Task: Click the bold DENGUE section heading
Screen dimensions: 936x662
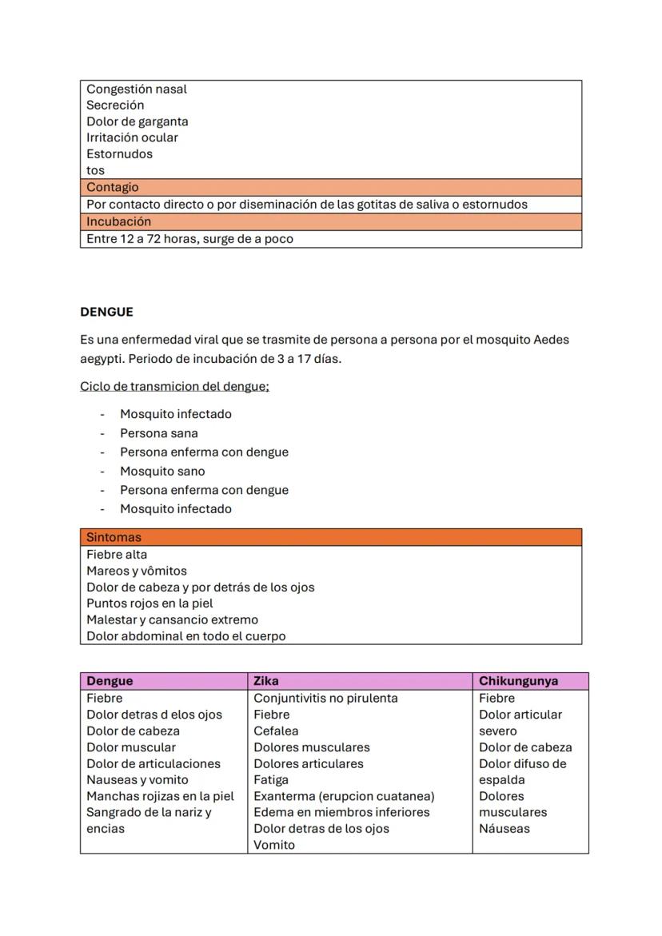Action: coord(106,312)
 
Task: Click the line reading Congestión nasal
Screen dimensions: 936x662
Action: coord(136,89)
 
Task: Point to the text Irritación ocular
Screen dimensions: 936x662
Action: coord(132,137)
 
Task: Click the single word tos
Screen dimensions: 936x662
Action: coord(95,170)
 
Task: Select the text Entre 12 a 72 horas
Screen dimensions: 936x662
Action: coord(135,238)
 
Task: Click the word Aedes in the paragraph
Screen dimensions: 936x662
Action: coord(551,340)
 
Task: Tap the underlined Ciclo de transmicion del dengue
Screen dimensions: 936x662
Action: coord(174,386)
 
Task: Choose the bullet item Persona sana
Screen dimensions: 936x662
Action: coord(158,433)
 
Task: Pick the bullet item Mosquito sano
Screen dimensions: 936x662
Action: coord(162,471)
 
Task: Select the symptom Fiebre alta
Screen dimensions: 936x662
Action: coord(117,554)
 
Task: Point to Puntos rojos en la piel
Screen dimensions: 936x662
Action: coord(150,603)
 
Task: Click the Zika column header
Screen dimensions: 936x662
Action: coord(265,681)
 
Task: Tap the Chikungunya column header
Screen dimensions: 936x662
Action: coord(518,681)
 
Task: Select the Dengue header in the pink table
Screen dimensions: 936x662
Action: coord(110,681)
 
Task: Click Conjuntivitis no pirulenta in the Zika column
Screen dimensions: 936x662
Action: coord(325,698)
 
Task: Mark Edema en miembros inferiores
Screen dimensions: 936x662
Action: coord(341,812)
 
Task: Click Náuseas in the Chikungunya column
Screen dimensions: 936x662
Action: coord(504,828)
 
